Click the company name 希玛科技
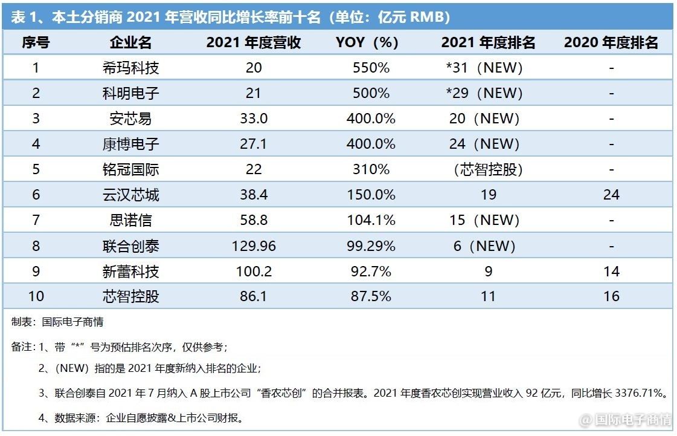pos(130,68)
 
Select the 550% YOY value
pos(371,68)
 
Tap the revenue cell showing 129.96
pos(254,246)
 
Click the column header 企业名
pos(130,42)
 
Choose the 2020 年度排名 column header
pos(611,42)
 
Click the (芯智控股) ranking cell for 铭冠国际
pos(488,169)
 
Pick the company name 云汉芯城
pos(130,195)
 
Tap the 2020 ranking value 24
pos(611,195)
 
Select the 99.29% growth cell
pos(371,246)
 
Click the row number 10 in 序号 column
pos(36,296)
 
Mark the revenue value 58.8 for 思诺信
pos(254,220)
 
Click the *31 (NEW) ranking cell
pos(484,68)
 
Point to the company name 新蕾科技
pos(130,271)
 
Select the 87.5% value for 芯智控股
pos(371,296)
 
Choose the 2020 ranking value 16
pos(611,296)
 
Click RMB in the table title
pos(429,17)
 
